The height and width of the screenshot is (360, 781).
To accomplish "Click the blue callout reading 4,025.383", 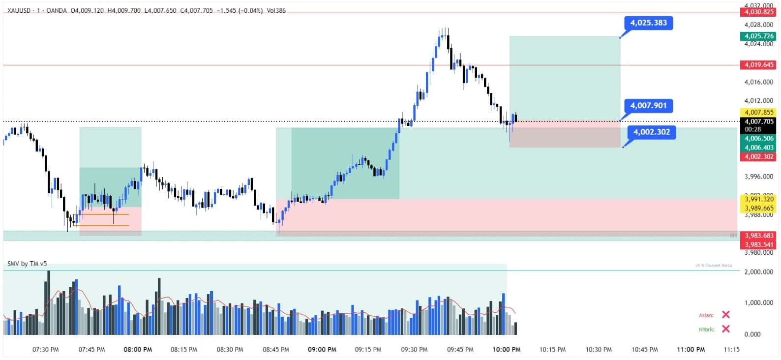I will pyautogui.click(x=648, y=23).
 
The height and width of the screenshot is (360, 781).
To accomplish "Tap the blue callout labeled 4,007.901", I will pyautogui.click(x=648, y=106).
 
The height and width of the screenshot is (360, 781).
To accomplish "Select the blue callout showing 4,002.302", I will pyautogui.click(x=651, y=132).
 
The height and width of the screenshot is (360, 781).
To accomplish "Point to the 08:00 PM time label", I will pyautogui.click(x=138, y=350).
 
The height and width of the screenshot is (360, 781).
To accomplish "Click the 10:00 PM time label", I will pyautogui.click(x=506, y=350).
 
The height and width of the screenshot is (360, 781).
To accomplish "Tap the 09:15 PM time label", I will pyautogui.click(x=368, y=350).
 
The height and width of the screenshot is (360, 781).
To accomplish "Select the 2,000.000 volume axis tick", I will pyautogui.click(x=759, y=272).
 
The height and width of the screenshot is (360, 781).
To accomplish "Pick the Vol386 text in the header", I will pyautogui.click(x=276, y=10).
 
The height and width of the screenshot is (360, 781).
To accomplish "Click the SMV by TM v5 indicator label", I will pyautogui.click(x=27, y=264).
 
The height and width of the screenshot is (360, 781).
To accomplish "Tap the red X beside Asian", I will pyautogui.click(x=725, y=315).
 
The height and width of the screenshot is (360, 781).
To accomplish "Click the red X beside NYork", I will pyautogui.click(x=725, y=329).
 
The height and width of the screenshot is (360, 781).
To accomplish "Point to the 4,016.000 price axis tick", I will pyautogui.click(x=759, y=82).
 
